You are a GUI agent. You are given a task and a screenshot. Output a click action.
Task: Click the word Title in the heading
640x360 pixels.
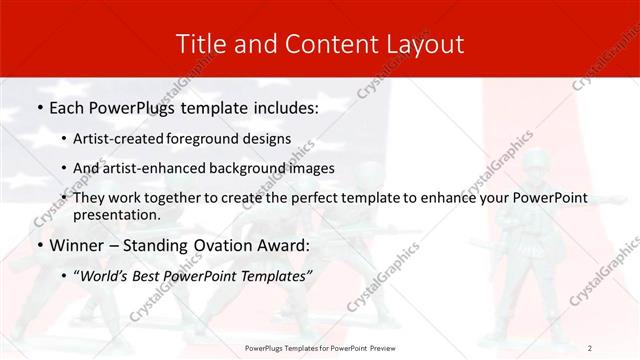[x=199, y=43]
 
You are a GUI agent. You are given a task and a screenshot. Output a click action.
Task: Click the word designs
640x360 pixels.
[x=267, y=137]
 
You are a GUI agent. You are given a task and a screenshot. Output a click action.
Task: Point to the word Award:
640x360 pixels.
[x=282, y=246]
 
